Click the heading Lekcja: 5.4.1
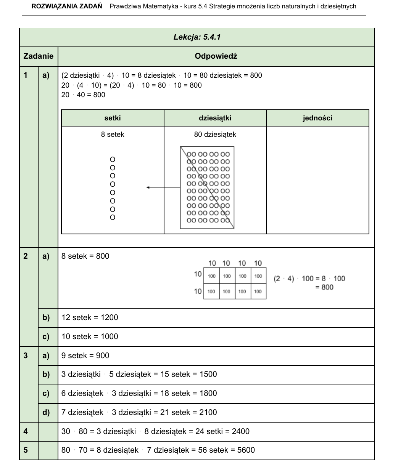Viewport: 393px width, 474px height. point(197,37)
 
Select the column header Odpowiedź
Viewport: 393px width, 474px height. point(216,56)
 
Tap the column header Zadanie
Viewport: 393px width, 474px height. point(39,56)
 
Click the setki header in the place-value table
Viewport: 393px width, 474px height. point(113,118)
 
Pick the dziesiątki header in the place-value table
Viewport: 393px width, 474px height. point(215,118)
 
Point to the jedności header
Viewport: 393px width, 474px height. point(317,118)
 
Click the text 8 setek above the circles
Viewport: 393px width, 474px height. point(113,135)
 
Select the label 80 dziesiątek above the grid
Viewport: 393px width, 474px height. point(215,135)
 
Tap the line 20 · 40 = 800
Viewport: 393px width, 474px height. point(83,95)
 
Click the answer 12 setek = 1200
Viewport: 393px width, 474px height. point(90,318)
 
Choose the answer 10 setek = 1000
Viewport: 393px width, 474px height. point(90,337)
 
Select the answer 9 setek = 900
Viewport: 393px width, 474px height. point(85,356)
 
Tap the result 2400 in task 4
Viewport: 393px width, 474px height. point(241,432)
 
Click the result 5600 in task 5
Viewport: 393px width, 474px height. point(246,450)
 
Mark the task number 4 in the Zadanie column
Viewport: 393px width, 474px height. point(26,432)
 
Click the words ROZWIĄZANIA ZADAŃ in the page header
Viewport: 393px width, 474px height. point(67,6)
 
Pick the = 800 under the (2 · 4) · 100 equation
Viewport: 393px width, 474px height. point(324,287)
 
